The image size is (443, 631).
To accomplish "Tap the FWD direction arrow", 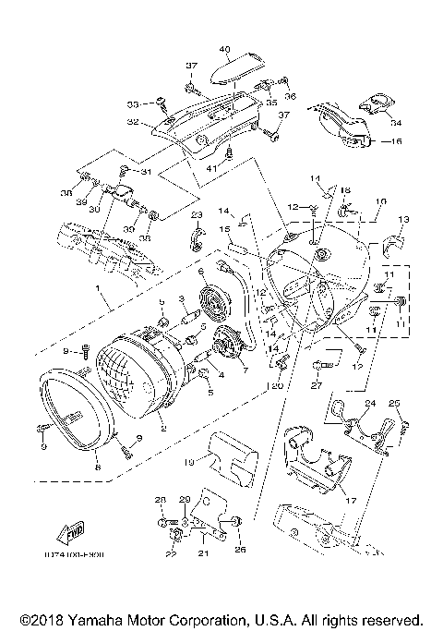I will pos(72,531).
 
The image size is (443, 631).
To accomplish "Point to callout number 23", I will pos(196,214).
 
